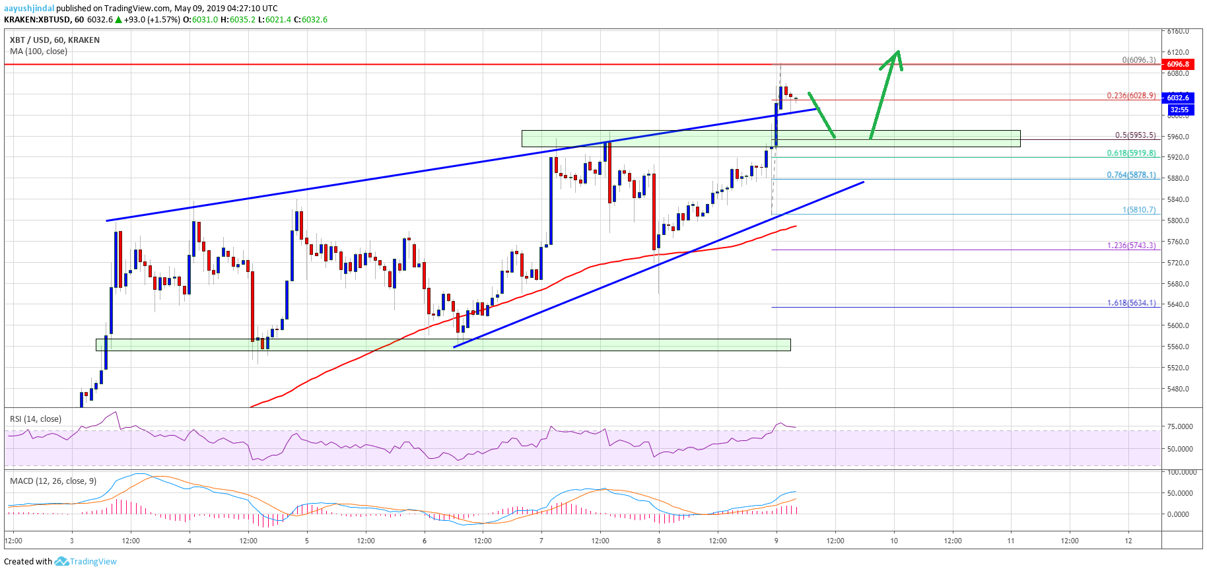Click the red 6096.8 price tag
[x=1177, y=64]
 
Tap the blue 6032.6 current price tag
[x=1177, y=97]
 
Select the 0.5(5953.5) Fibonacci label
[x=1135, y=135]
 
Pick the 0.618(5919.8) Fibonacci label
[x=1131, y=153]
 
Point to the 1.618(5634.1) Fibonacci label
[x=1131, y=303]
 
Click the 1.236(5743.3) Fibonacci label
[x=1131, y=246]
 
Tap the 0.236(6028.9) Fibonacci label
[x=1131, y=96]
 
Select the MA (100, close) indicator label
[x=38, y=51]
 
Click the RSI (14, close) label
[x=36, y=419]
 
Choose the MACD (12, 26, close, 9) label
[x=53, y=481]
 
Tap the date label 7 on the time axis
[x=541, y=541]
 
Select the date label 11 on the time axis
[x=1011, y=541]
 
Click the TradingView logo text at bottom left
[x=92, y=562]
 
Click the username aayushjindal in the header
[x=29, y=9]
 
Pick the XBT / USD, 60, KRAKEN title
[x=55, y=40]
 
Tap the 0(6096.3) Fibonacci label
[x=1138, y=60]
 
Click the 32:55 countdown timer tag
[x=1179, y=110]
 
